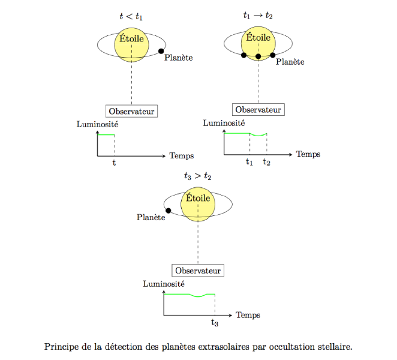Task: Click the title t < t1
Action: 131,16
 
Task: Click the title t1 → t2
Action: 258,16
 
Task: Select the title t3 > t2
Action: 197,175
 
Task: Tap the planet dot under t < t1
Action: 161,51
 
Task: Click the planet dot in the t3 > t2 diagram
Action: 168,211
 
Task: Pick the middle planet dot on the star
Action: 258,56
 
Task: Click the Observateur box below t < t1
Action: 132,111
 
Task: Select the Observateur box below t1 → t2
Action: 258,110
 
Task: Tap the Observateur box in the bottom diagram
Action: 198,271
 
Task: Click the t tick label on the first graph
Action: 114,163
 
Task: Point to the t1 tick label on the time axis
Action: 249,161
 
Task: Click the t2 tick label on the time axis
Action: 267,161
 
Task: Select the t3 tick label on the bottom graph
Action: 215,323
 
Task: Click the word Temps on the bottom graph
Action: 248,315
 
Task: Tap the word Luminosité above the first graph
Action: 98,124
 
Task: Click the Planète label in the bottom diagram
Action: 151,217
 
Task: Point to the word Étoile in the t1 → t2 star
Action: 258,37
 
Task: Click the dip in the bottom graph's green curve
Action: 198,296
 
